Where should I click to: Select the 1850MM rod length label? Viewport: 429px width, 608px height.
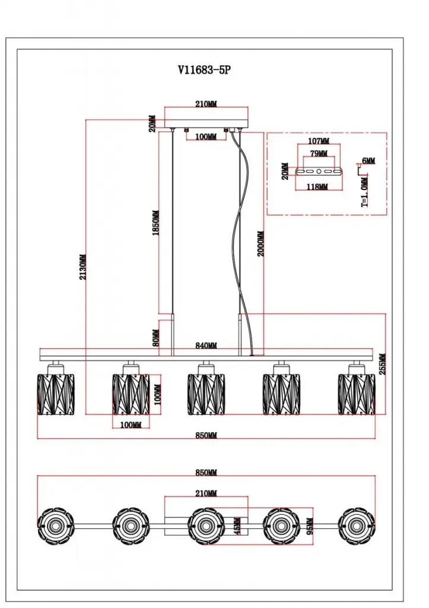point(155,223)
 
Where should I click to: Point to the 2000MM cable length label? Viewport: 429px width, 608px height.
point(260,243)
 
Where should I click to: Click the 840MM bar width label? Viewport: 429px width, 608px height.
point(206,346)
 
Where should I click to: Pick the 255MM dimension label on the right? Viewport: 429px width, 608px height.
point(382,364)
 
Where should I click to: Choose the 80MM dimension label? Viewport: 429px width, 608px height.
point(155,337)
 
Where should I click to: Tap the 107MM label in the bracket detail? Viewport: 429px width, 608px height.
point(319,141)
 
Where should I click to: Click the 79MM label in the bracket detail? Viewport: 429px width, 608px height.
point(319,153)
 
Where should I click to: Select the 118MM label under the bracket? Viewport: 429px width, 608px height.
point(317,187)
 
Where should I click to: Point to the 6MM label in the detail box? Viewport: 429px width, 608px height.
point(368,160)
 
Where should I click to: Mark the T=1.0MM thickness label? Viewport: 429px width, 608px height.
point(365,192)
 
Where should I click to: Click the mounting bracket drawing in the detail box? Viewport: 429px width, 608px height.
point(319,172)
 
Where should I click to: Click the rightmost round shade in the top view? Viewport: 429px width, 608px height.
point(356,526)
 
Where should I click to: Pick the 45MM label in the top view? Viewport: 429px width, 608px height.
point(237,526)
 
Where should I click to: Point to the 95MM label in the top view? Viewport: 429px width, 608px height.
point(310,526)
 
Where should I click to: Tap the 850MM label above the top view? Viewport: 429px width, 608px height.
point(206,472)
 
